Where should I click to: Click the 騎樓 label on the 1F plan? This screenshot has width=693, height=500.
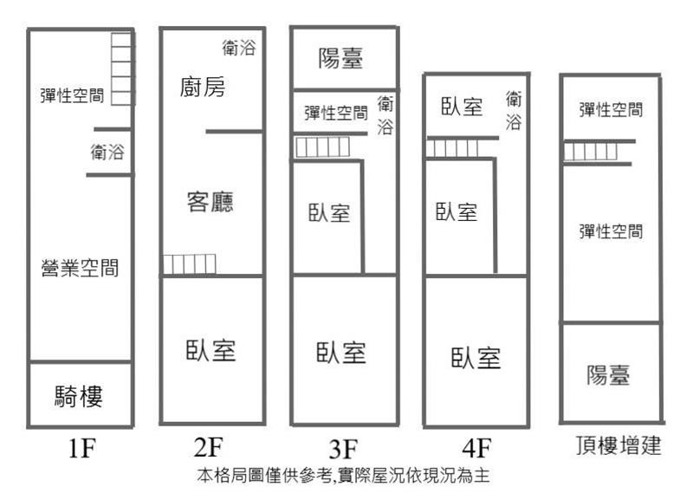[x=79, y=396]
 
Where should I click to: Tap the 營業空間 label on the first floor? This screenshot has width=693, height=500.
[x=80, y=268]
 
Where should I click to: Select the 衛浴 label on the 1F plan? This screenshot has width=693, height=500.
[x=107, y=152]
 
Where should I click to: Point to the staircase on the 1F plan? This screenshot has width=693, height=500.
[x=121, y=69]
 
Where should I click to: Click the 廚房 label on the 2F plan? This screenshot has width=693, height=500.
[x=203, y=87]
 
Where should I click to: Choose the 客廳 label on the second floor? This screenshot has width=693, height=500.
[x=210, y=202]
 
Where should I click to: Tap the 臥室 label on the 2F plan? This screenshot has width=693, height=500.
[x=210, y=351]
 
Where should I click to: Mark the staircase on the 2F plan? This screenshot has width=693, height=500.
[x=190, y=264]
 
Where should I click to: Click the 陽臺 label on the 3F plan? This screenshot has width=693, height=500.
[x=340, y=58]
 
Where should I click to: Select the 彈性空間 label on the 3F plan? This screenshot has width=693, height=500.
[x=336, y=113]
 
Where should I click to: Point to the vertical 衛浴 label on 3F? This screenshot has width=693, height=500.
[x=385, y=115]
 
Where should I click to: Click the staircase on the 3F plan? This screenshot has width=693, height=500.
[x=322, y=147]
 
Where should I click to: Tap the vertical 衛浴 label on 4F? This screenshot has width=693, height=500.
[x=514, y=111]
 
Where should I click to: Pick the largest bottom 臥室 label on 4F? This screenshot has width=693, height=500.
[x=476, y=358]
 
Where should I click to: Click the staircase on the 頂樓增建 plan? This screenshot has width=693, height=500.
[x=591, y=152]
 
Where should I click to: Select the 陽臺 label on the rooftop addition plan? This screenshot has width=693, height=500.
[x=608, y=375]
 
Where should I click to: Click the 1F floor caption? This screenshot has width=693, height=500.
[x=82, y=447]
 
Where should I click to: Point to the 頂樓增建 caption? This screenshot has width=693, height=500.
[x=619, y=445]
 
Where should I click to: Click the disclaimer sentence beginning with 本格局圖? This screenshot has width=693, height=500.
[x=343, y=476]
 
